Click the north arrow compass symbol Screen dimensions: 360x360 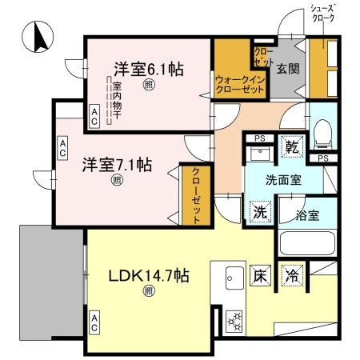point(38,37)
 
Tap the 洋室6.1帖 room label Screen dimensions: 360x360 point(148,70)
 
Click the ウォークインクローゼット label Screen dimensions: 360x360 point(239,85)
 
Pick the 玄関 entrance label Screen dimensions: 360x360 point(289,69)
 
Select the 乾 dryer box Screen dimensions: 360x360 point(294,147)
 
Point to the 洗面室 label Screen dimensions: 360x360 point(284,180)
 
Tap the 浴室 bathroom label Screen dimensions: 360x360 point(307,214)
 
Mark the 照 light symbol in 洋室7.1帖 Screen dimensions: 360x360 point(117,181)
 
